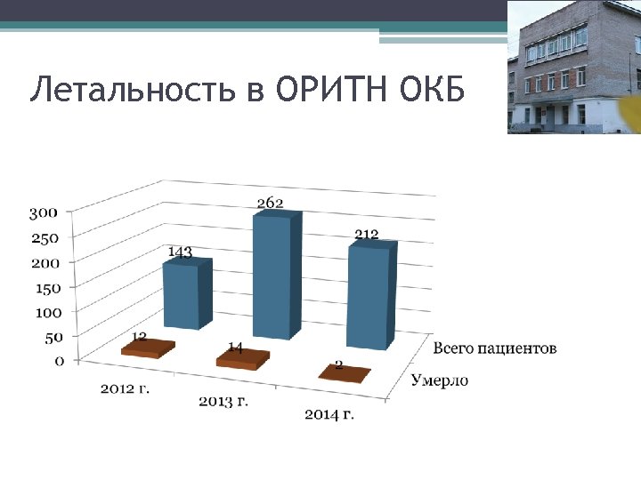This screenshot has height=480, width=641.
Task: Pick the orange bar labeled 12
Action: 148,348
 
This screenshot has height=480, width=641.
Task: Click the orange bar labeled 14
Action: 243,359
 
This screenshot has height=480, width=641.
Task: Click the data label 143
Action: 180,252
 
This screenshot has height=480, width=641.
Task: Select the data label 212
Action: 366,235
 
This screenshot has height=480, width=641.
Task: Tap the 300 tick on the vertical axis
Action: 44,213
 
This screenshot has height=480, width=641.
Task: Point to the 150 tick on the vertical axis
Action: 44,288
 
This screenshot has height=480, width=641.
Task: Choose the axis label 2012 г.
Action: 125,388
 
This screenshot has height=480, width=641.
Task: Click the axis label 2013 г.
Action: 223,402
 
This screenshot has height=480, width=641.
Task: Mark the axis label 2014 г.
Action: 329,415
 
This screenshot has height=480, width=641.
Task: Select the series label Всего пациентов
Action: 495,348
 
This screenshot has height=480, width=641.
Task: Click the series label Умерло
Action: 440,381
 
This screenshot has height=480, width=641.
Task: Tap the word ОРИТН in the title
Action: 328,90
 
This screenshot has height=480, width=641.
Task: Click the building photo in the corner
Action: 573,67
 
